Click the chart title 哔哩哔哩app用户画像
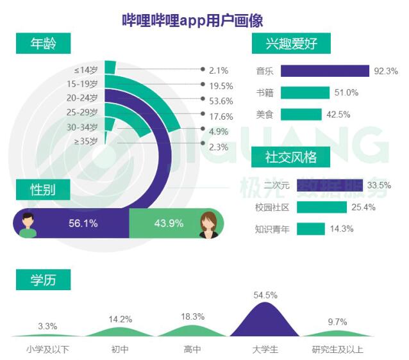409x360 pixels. click(192, 20)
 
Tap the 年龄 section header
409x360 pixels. click(44, 44)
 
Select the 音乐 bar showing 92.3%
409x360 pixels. click(325, 71)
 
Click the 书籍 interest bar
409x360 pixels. click(305, 93)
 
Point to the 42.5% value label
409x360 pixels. click(338, 115)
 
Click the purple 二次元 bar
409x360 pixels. click(330, 185)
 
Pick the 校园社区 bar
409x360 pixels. click(322, 208)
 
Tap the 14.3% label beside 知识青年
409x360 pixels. click(342, 229)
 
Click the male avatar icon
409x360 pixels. click(28, 225)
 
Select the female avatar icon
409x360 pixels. click(209, 225)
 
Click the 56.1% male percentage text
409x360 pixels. click(83, 224)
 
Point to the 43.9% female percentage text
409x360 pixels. click(169, 224)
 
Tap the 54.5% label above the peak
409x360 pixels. click(265, 295)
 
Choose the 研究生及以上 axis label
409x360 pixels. click(338, 349)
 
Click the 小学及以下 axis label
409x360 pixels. click(47, 349)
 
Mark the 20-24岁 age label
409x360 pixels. click(82, 98)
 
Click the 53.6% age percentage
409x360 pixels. click(221, 101)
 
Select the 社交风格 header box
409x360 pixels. click(290, 157)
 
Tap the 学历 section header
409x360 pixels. click(44, 280)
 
